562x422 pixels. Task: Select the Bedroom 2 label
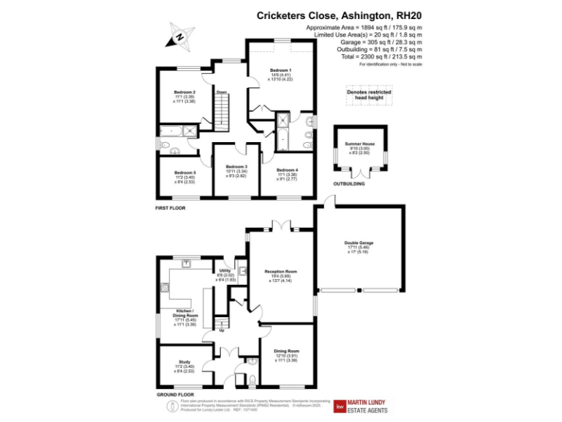(x=184, y=93)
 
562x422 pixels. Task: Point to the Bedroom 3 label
(x=236, y=167)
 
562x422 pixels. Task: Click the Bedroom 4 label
(x=287, y=170)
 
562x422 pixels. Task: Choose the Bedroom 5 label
(x=184, y=173)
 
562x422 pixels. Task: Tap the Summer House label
(x=359, y=144)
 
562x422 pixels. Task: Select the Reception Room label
(x=278, y=271)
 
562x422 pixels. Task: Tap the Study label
(x=184, y=361)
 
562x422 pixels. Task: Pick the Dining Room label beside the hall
(x=287, y=351)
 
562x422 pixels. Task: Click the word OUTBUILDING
(x=348, y=184)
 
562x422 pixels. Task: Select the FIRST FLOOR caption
(x=170, y=208)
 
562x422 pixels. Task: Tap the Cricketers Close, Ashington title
(x=339, y=15)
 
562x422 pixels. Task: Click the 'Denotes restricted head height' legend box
(x=369, y=95)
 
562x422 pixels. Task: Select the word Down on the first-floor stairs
(x=221, y=92)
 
